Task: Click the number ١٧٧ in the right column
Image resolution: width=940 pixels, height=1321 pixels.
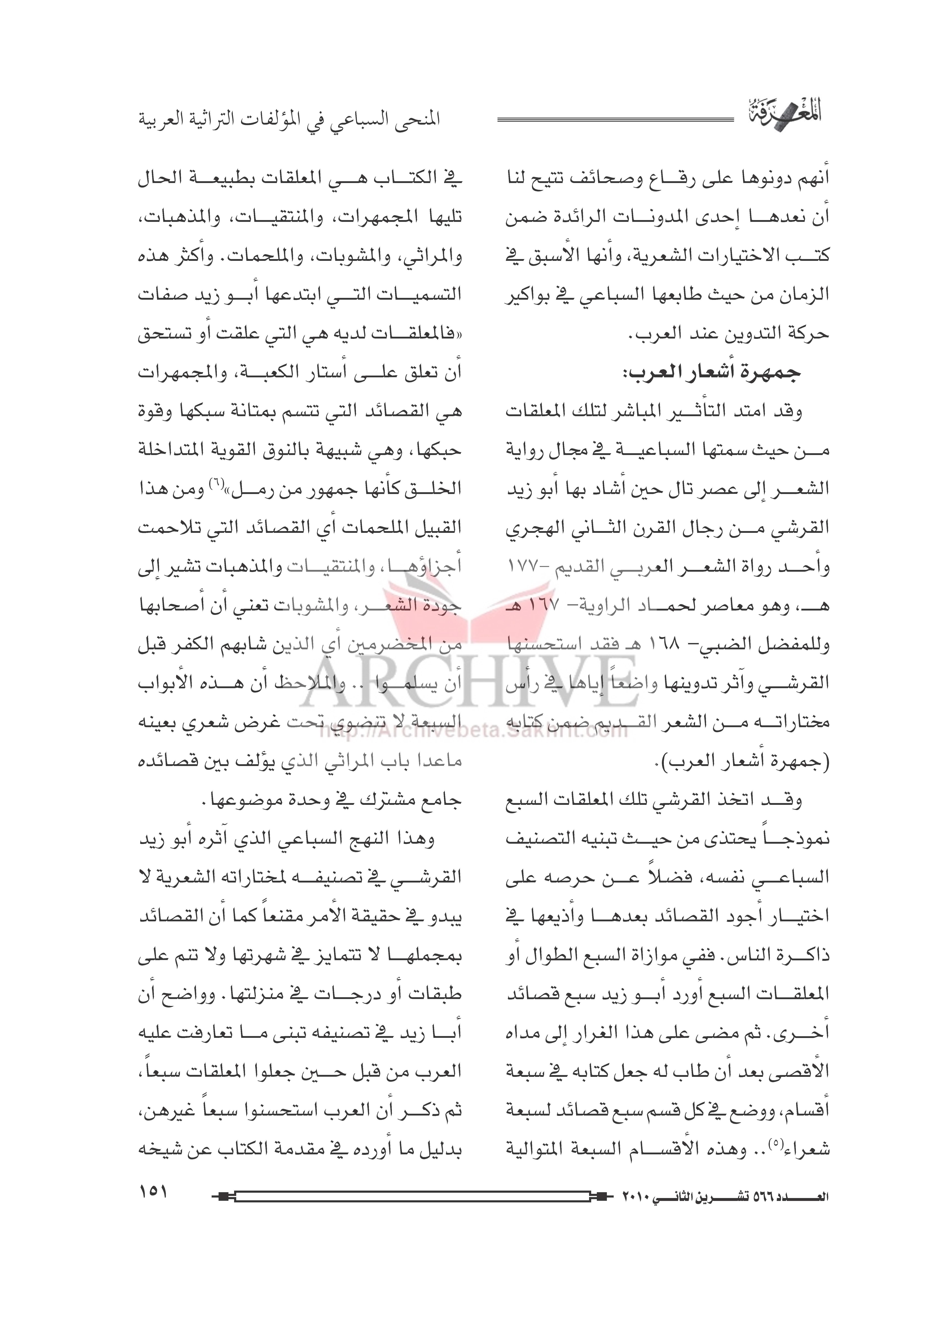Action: click(x=524, y=566)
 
